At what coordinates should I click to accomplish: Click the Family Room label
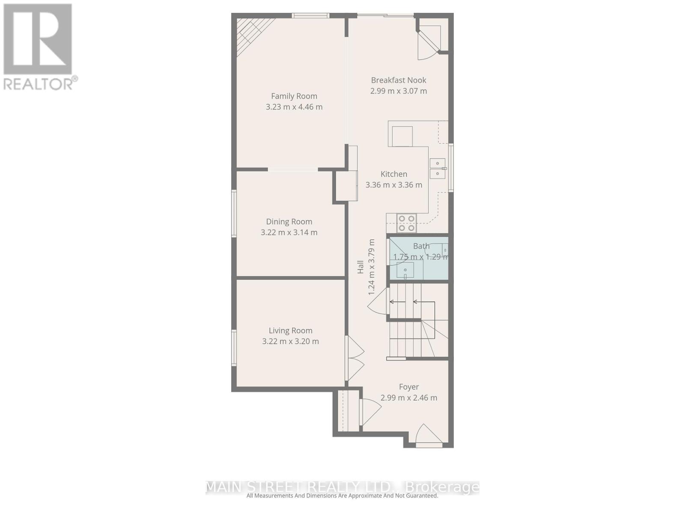[294, 96]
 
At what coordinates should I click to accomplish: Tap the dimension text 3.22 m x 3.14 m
[289, 233]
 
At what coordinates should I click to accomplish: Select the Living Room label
[290, 330]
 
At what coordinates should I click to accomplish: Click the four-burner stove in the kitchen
[407, 223]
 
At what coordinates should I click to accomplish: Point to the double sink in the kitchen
[438, 168]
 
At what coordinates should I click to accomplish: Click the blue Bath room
[418, 259]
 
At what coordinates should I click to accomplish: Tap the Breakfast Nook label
[399, 80]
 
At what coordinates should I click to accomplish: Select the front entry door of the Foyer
[428, 435]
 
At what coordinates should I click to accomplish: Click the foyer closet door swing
[369, 411]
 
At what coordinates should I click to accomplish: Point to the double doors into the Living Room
[354, 358]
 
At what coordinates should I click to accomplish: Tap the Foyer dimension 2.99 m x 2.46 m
[409, 398]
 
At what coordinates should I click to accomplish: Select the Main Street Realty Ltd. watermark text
[342, 487]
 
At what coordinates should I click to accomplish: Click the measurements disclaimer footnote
[342, 496]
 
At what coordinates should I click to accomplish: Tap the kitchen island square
[402, 136]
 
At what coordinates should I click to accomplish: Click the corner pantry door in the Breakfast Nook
[428, 43]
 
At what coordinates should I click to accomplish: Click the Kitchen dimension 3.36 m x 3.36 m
[393, 185]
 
